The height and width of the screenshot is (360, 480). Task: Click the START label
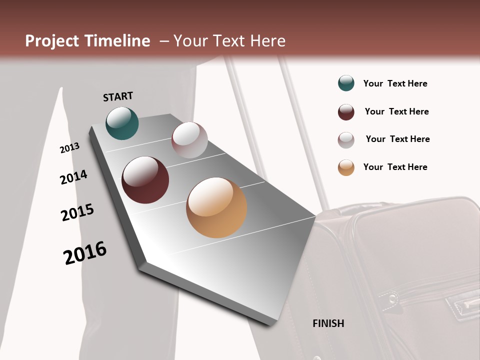click(x=118, y=96)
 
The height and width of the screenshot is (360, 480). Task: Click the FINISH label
click(x=328, y=323)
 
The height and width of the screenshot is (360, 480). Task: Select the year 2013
click(x=70, y=147)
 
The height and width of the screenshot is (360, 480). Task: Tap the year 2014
click(x=73, y=177)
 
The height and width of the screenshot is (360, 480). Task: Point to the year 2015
click(x=77, y=212)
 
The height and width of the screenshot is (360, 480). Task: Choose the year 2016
click(x=85, y=252)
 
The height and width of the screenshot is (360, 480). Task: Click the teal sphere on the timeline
click(x=122, y=123)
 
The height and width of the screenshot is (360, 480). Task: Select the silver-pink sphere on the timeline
click(x=189, y=140)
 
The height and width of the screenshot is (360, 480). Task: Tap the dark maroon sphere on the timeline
click(x=145, y=180)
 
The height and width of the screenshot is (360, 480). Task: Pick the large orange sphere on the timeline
click(x=216, y=207)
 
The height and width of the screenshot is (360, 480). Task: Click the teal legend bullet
click(x=346, y=83)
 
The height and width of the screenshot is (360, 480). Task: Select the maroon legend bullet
click(x=346, y=112)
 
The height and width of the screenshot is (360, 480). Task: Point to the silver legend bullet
click(x=346, y=140)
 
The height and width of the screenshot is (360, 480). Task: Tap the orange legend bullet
click(x=346, y=167)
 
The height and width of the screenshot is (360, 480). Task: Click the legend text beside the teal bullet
click(x=395, y=83)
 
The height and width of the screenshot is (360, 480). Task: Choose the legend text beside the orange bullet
click(x=395, y=167)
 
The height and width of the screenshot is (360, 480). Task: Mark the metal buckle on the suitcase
click(x=463, y=303)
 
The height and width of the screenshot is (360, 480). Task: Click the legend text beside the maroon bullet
click(x=396, y=111)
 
